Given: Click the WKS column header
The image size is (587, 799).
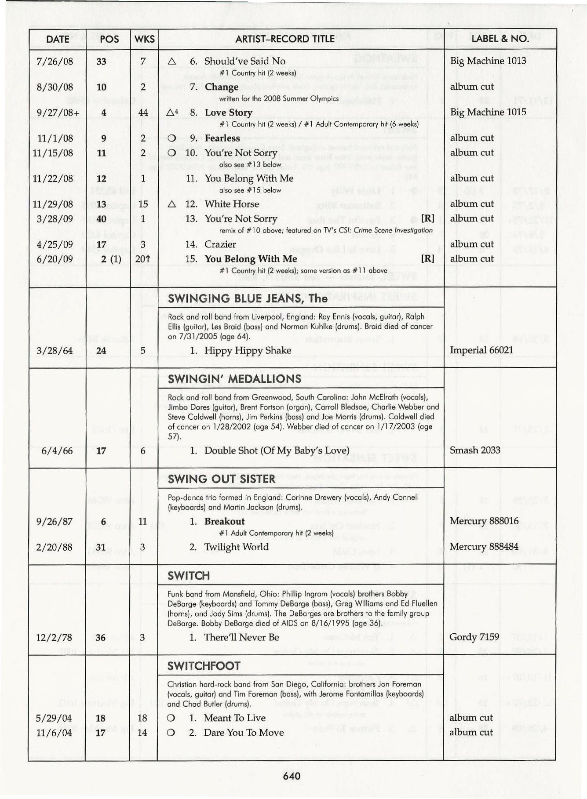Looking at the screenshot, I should [x=144, y=39].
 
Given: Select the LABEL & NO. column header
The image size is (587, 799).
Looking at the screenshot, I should [x=500, y=39].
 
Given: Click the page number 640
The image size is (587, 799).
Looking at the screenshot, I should [x=292, y=776].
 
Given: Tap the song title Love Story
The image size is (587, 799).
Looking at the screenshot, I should [x=228, y=113].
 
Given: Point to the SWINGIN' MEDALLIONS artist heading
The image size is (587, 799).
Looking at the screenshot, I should [x=234, y=379].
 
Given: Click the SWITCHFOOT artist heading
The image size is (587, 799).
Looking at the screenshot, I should [x=204, y=666].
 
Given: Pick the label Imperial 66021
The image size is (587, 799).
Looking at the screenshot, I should [x=481, y=350].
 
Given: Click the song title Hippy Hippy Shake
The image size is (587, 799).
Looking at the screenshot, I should [x=248, y=351].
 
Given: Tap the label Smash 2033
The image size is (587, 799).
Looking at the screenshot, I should [x=475, y=450].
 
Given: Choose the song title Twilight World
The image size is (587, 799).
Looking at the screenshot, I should [x=236, y=547].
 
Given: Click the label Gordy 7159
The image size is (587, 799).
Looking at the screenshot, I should [x=474, y=637].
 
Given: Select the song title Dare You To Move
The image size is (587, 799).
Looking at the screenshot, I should [x=244, y=733].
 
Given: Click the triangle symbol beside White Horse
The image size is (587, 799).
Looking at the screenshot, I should [x=172, y=204].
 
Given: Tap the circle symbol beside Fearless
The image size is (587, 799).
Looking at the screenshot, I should [x=171, y=138].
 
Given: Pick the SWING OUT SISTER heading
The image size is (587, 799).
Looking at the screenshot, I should [x=221, y=479].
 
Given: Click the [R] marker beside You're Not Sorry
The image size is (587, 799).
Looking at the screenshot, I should [x=427, y=218].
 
